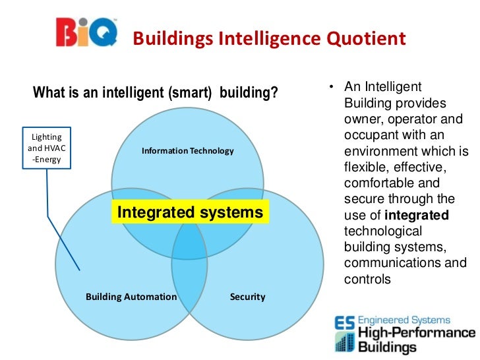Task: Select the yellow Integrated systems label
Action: click(x=190, y=212)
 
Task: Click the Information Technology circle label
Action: click(x=187, y=151)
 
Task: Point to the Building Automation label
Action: click(x=131, y=297)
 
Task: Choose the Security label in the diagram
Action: click(x=247, y=297)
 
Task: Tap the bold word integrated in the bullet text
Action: click(x=416, y=215)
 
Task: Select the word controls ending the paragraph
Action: click(x=367, y=279)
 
